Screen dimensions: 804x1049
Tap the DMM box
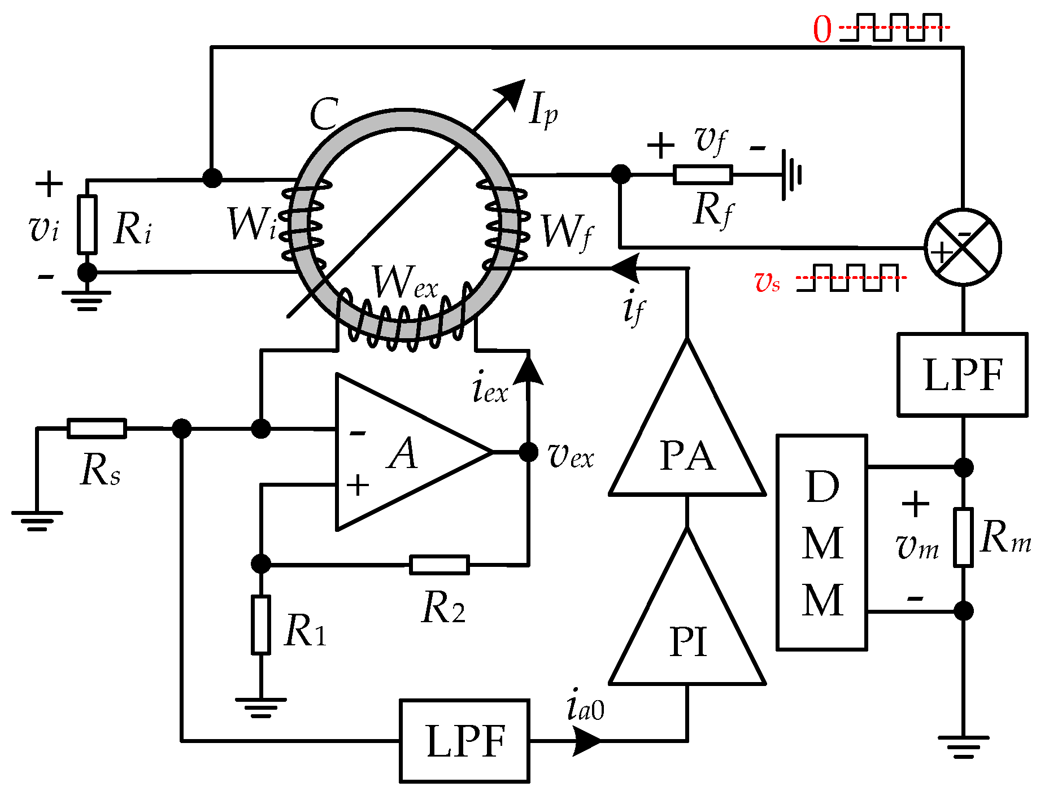pyautogui.click(x=821, y=542)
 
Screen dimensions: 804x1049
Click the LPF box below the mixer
pyautogui.click(x=962, y=374)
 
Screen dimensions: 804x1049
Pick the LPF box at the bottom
pyautogui.click(x=464, y=741)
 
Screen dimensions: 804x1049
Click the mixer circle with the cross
pyautogui.click(x=963, y=247)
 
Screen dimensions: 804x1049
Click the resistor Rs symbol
pyautogui.click(x=97, y=429)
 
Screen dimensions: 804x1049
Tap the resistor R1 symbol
pyautogui.click(x=260, y=624)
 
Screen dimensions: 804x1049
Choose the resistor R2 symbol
pyautogui.click(x=439, y=565)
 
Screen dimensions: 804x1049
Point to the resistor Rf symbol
pyautogui.click(x=703, y=175)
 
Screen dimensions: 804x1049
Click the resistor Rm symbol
pyautogui.click(x=963, y=537)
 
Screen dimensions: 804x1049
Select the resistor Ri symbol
pyautogui.click(x=87, y=224)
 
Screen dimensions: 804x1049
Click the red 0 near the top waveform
pyautogui.click(x=822, y=29)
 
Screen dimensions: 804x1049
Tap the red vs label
pyautogui.click(x=767, y=281)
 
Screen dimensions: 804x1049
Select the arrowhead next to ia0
pyautogui.click(x=586, y=741)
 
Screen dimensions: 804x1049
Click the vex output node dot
pyautogui.click(x=528, y=452)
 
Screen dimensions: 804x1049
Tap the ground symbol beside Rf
pyautogui.click(x=791, y=175)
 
